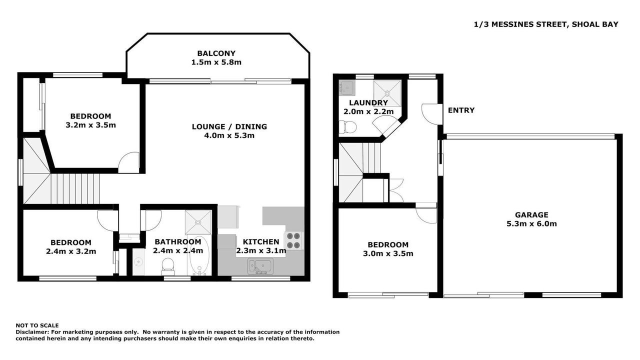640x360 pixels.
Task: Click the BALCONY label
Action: click(216, 53)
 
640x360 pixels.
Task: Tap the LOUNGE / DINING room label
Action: click(229, 126)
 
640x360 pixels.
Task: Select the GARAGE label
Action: click(531, 215)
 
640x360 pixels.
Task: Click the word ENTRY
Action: click(461, 110)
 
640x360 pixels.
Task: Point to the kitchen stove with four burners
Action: click(293, 240)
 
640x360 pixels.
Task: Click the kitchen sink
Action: click(260, 266)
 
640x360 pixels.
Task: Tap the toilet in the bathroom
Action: click(167, 267)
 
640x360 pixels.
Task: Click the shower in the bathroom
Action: click(198, 222)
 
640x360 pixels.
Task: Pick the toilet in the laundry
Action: click(347, 127)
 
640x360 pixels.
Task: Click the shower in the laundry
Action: click(387, 93)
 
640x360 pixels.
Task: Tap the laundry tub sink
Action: click(347, 87)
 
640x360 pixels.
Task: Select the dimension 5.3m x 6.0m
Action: click(531, 223)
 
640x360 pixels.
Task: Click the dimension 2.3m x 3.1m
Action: click(261, 251)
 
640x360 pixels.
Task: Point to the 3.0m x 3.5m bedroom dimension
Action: click(388, 253)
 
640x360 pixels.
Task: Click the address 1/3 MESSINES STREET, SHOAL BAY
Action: click(546, 24)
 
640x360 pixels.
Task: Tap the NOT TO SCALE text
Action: click(37, 325)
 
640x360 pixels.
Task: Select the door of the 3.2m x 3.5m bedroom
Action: click(129, 162)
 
